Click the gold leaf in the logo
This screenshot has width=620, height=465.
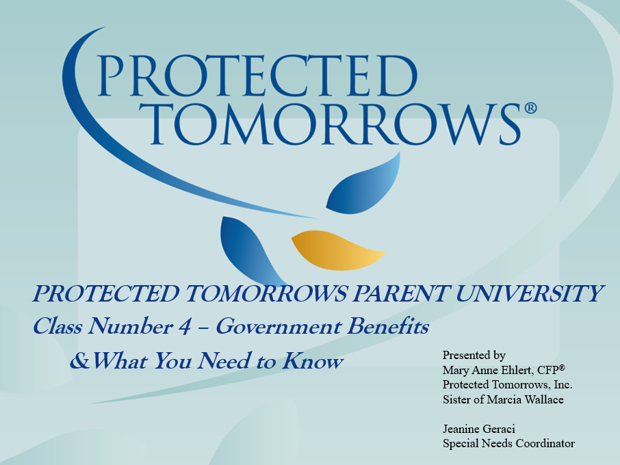[337, 250]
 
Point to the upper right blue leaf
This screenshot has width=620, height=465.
[365, 185]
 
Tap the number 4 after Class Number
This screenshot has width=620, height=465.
[184, 328]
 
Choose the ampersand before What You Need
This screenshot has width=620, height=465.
[79, 361]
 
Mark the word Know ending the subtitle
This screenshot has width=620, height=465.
[320, 361]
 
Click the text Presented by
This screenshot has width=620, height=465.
[474, 355]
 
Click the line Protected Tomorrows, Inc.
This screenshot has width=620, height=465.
[507, 384]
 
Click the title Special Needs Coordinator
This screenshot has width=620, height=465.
[508, 444]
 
